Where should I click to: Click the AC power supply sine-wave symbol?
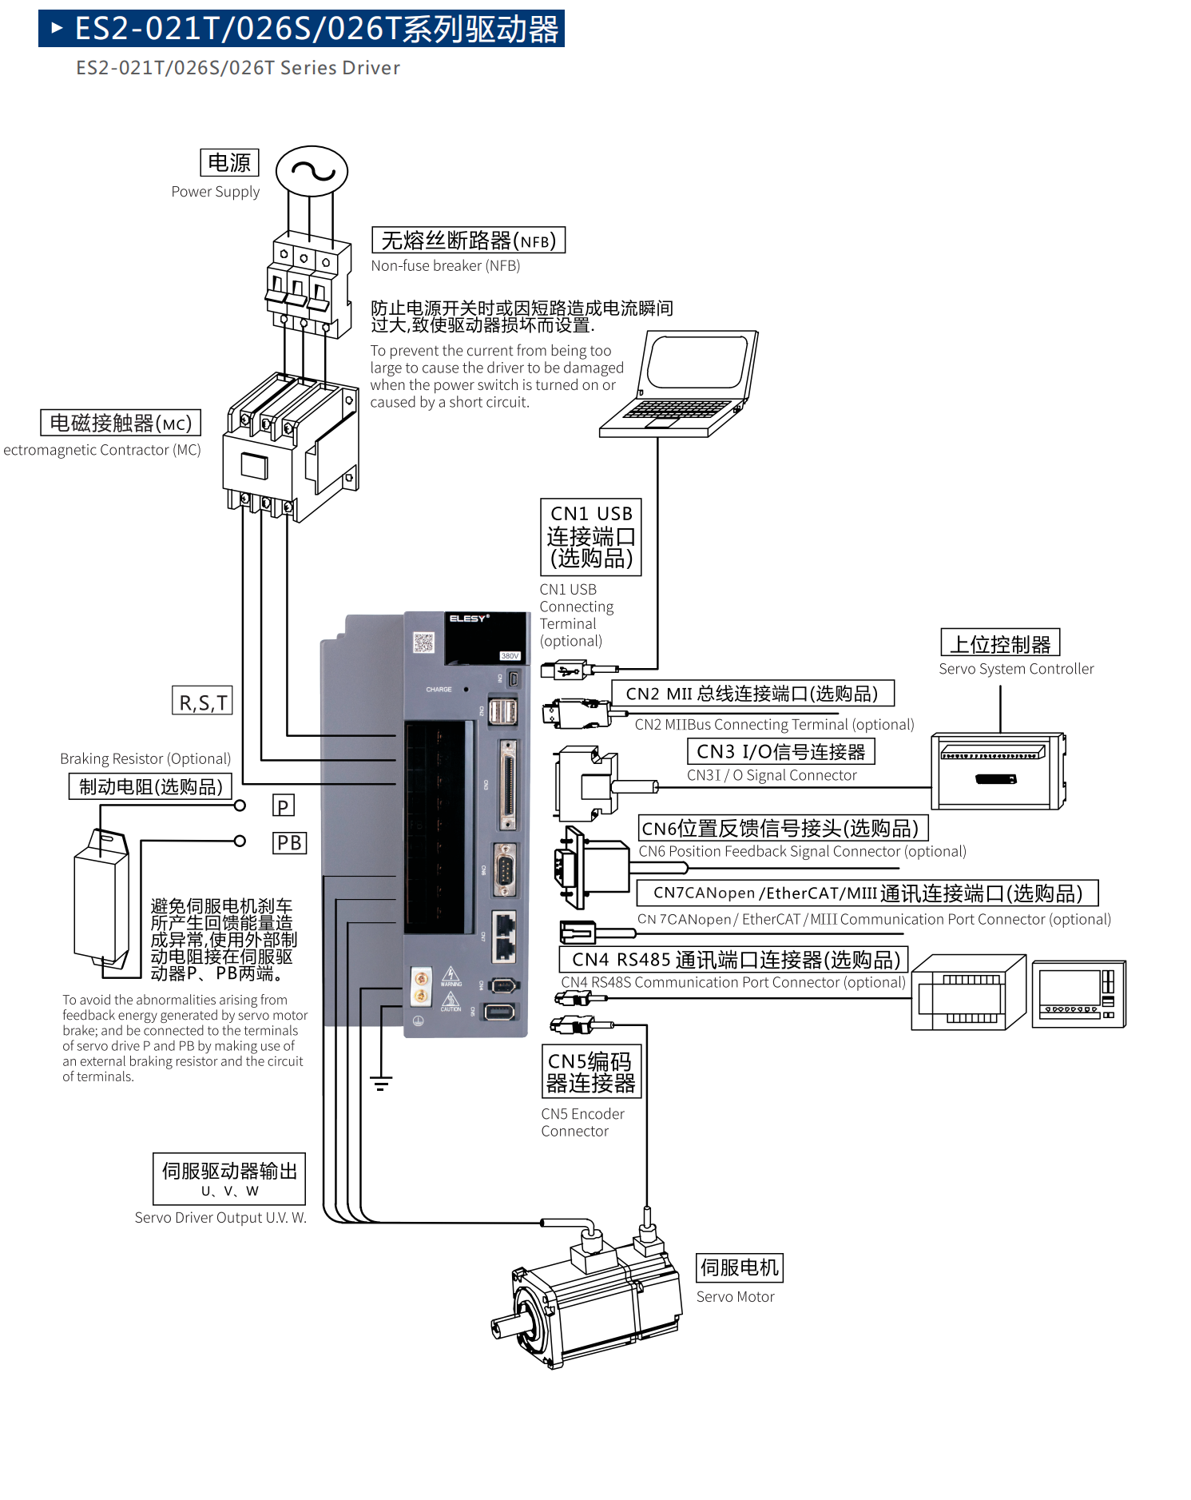(x=312, y=171)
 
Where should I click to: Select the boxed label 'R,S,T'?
(x=203, y=701)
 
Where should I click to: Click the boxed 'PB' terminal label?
(x=289, y=843)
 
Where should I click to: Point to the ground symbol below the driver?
(x=381, y=1084)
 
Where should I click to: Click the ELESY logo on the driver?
(x=469, y=619)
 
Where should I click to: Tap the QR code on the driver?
(x=423, y=642)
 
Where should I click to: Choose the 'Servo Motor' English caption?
(x=735, y=1297)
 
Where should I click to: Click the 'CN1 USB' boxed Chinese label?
(x=591, y=536)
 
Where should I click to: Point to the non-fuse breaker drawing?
(x=308, y=284)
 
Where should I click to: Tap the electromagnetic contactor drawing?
(x=291, y=448)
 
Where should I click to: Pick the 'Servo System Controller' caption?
(x=1016, y=669)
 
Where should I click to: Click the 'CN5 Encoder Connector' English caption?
(x=582, y=1122)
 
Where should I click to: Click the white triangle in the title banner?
(x=57, y=29)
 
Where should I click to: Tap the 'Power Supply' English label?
(x=216, y=192)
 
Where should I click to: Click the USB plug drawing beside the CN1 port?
(x=570, y=670)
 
